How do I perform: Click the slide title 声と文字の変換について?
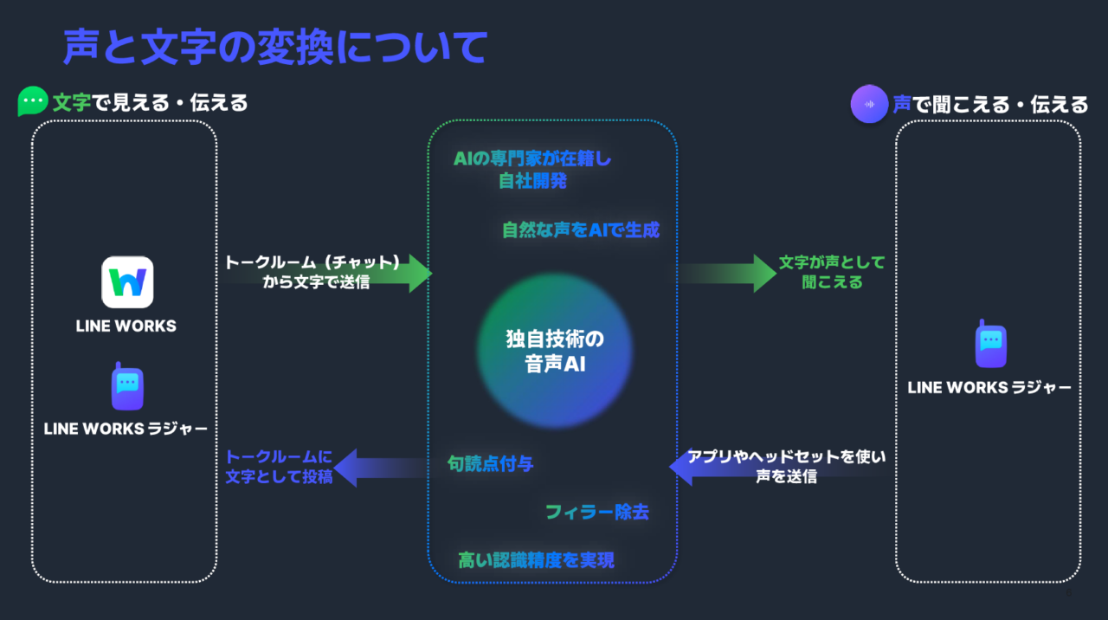pos(275,48)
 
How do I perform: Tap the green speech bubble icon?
pos(33,102)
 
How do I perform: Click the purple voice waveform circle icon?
pos(869,104)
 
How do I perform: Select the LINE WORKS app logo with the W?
pos(127,282)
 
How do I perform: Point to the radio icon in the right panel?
pos(990,346)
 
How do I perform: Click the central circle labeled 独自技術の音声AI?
pos(555,351)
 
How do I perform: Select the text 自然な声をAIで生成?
pos(581,230)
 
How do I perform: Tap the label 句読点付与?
pos(490,464)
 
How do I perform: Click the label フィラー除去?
pos(597,512)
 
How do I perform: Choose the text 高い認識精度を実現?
pos(536,560)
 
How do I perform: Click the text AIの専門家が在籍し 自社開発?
pos(532,170)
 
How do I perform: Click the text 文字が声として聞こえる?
pos(832,272)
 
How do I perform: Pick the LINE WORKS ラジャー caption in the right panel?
pos(989,388)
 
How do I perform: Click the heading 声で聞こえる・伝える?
pos(990,105)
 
